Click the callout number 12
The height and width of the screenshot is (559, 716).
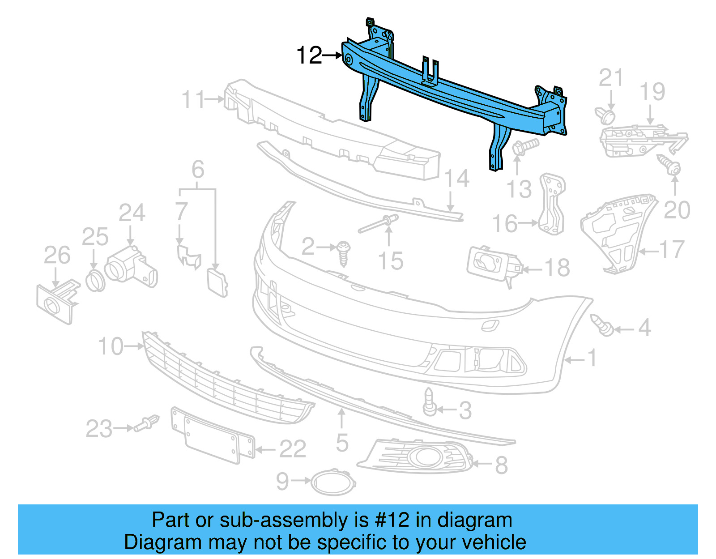pyautogui.click(x=309, y=55)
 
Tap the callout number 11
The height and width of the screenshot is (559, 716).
pyautogui.click(x=193, y=99)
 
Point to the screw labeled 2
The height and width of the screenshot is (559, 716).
pyautogui.click(x=344, y=253)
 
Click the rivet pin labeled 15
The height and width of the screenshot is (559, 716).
pyautogui.click(x=378, y=223)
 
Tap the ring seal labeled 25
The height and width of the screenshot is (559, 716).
pyautogui.click(x=95, y=281)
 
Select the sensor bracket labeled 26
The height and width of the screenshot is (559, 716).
pyautogui.click(x=56, y=302)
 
